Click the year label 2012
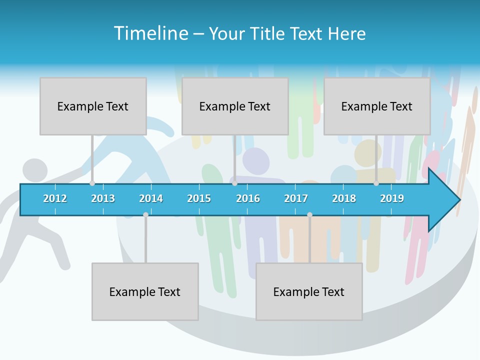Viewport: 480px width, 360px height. pyautogui.click(x=55, y=198)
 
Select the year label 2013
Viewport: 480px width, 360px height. pyautogui.click(x=103, y=198)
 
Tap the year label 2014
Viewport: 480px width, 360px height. pyautogui.click(x=151, y=198)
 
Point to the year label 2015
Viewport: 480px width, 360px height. pyautogui.click(x=199, y=198)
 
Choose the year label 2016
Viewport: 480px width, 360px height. pyautogui.click(x=248, y=198)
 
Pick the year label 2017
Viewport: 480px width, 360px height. pyautogui.click(x=296, y=198)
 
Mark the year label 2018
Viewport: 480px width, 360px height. pyautogui.click(x=344, y=198)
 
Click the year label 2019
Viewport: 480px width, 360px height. pyautogui.click(x=392, y=198)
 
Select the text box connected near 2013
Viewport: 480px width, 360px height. pyautogui.click(x=93, y=106)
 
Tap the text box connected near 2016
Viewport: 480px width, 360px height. pyautogui.click(x=235, y=106)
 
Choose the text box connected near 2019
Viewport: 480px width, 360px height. pyautogui.click(x=377, y=106)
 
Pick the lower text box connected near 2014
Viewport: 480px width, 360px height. pyautogui.click(x=145, y=291)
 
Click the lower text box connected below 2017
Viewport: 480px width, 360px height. pyautogui.click(x=309, y=291)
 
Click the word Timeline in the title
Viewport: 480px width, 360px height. pyautogui.click(x=150, y=33)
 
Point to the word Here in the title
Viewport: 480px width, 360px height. pyautogui.click(x=346, y=33)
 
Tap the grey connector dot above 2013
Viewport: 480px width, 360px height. pyautogui.click(x=92, y=183)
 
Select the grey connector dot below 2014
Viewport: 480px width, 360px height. pyautogui.click(x=145, y=214)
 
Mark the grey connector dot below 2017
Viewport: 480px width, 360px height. pyautogui.click(x=309, y=214)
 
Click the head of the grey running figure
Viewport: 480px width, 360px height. pyautogui.click(x=34, y=170)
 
